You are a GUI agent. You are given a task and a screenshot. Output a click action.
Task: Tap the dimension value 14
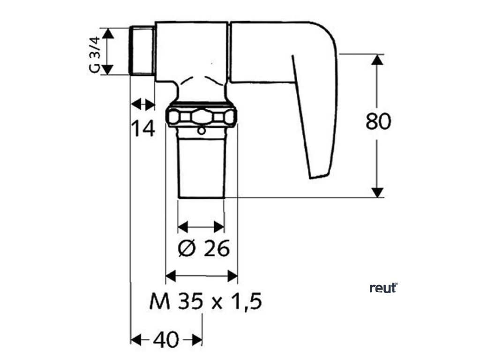click(142, 127)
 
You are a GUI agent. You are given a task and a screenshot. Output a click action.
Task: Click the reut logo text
click(383, 288)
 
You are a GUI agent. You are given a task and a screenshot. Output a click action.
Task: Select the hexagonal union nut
click(202, 117)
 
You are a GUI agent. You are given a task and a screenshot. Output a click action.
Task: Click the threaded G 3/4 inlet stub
click(142, 52)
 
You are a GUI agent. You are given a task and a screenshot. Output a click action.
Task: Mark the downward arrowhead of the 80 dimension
click(378, 192)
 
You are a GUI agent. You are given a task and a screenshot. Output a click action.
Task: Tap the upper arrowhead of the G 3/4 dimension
click(108, 33)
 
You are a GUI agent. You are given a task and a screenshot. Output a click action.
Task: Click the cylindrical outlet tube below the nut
click(202, 166)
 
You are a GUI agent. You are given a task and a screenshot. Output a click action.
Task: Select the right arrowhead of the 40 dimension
click(197, 339)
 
